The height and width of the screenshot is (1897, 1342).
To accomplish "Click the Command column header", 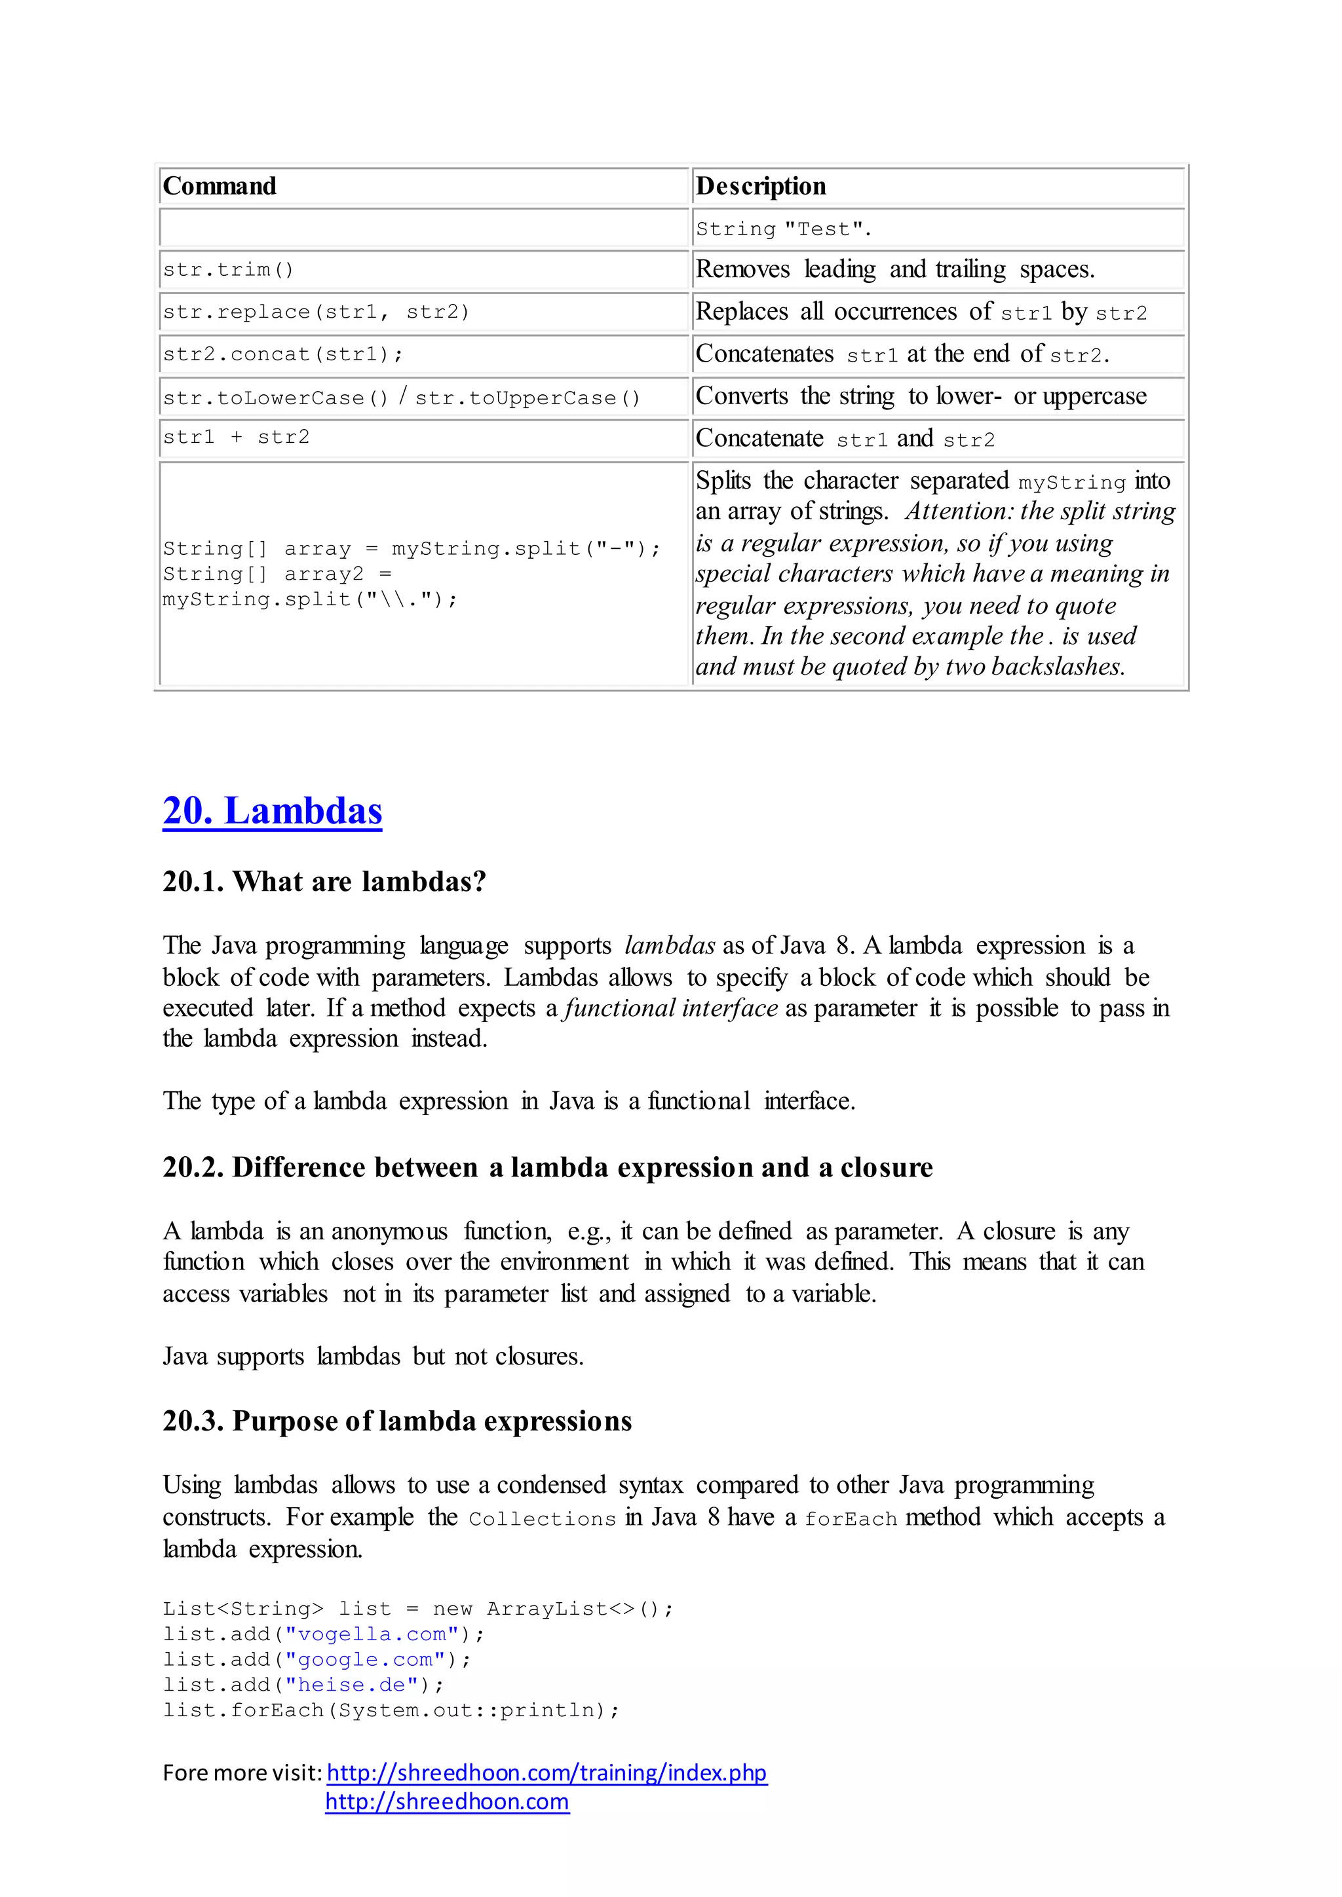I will tap(220, 186).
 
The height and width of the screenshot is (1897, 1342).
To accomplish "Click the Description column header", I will tap(760, 186).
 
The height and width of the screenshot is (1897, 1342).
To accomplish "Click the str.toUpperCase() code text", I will tap(527, 398).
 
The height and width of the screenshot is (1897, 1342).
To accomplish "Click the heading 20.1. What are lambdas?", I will tap(324, 882).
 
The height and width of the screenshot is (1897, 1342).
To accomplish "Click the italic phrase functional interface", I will tap(671, 1008).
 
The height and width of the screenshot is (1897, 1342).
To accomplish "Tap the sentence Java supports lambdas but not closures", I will tap(373, 1357).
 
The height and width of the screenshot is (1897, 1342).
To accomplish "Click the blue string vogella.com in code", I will tap(372, 1634).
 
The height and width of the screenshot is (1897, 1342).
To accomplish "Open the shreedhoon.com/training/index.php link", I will tap(546, 1773).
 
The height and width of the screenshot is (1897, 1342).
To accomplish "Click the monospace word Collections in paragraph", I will tap(542, 1518).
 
